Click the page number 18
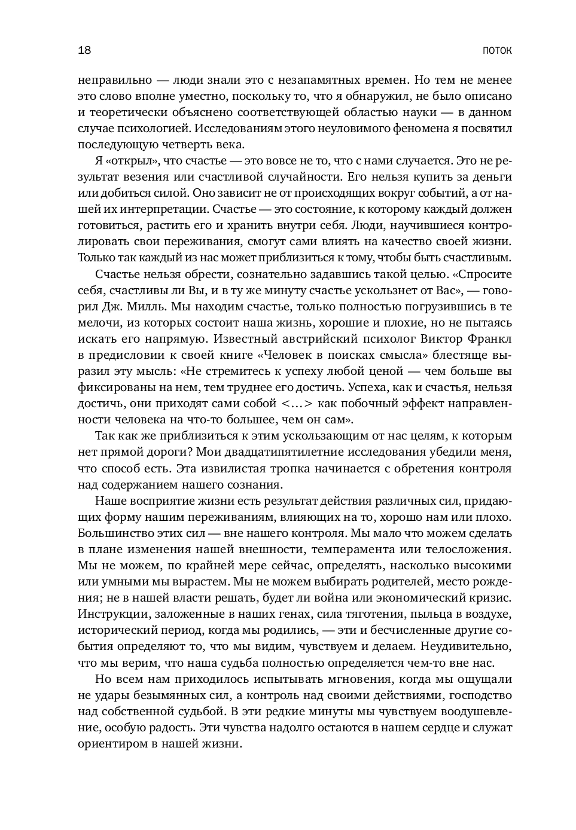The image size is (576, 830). pos(84,50)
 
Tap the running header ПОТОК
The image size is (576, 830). pos(496,51)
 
